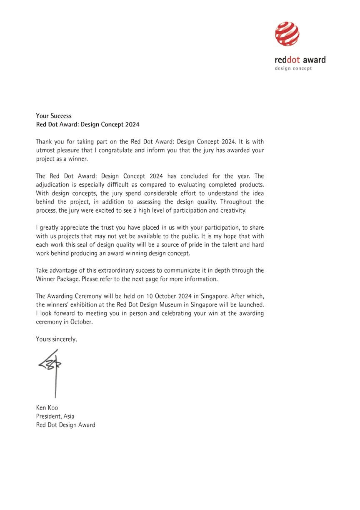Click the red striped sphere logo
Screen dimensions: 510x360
tap(287, 34)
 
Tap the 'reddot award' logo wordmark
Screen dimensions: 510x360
tap(300, 60)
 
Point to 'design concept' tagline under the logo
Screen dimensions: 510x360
tap(293, 68)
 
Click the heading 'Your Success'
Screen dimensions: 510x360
tap(54, 116)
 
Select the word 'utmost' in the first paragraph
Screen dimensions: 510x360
tap(45, 151)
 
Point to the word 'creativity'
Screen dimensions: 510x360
tap(233, 210)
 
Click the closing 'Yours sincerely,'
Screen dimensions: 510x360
tap(56, 339)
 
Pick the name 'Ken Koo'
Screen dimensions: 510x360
tap(47, 407)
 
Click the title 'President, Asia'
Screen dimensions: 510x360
tap(55, 416)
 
